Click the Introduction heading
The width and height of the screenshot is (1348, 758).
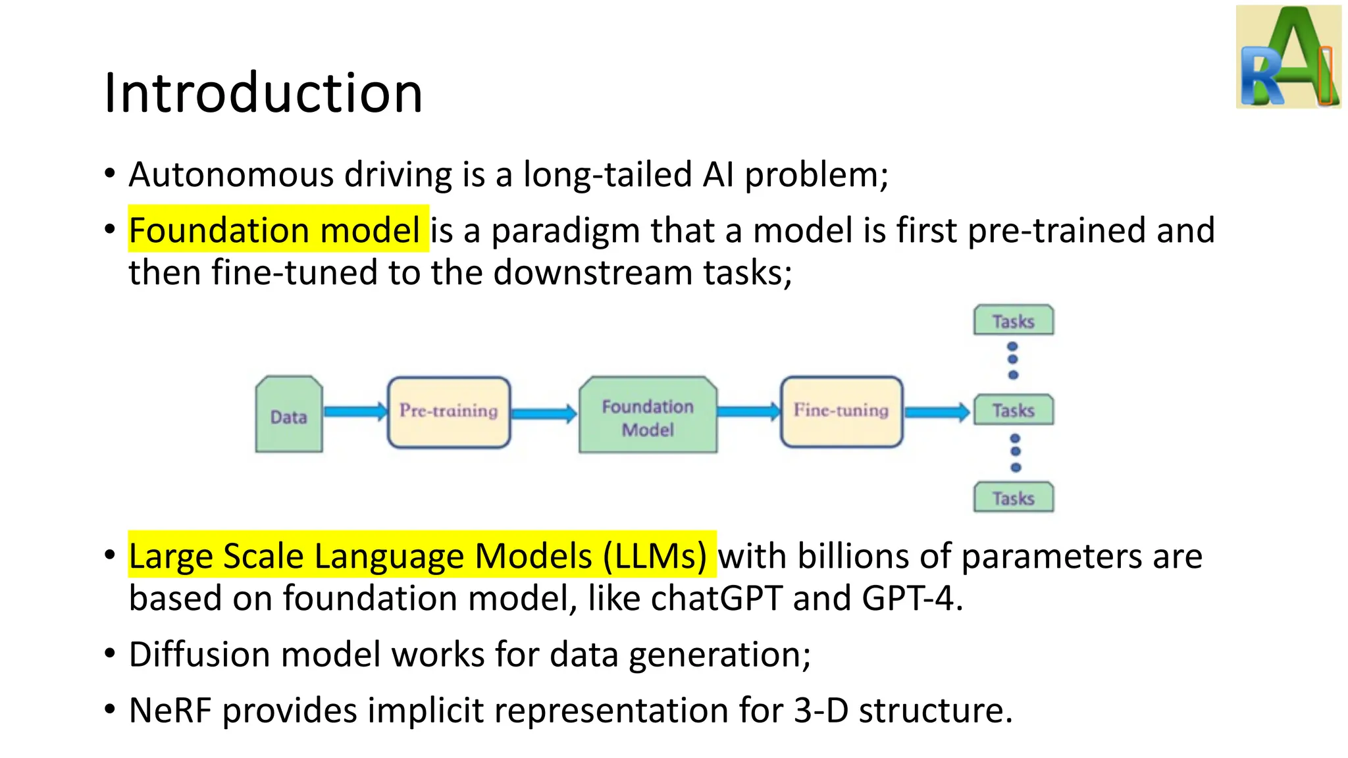pyautogui.click(x=263, y=93)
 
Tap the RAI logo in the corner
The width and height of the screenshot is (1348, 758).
pyautogui.click(x=1288, y=57)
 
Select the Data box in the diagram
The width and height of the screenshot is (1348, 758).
pyautogui.click(x=289, y=415)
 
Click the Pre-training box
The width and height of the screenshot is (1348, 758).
pyautogui.click(x=449, y=412)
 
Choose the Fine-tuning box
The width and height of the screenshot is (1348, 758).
pyautogui.click(x=841, y=411)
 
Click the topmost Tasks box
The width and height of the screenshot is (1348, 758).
pyautogui.click(x=1014, y=321)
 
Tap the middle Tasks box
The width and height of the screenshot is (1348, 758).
pyautogui.click(x=1014, y=411)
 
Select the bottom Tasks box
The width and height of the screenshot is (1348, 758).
pyautogui.click(x=1014, y=498)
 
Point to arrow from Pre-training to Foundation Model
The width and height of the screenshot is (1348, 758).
pyautogui.click(x=544, y=414)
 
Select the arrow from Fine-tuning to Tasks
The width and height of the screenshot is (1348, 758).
pyautogui.click(x=937, y=413)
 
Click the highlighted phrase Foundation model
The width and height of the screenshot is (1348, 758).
pyautogui.click(x=274, y=230)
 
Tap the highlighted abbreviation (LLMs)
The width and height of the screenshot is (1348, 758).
pyautogui.click(x=655, y=556)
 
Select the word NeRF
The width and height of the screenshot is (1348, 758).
pyautogui.click(x=170, y=711)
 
